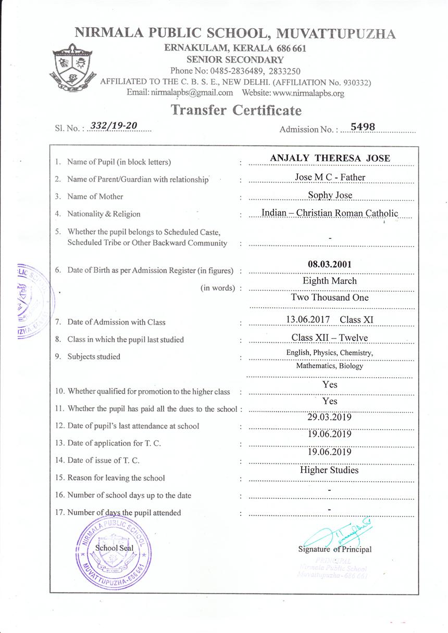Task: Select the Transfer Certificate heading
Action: pos(236,110)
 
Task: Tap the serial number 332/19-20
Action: pos(114,126)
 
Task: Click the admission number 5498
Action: pos(363,126)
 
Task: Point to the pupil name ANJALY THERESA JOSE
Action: pos(330,158)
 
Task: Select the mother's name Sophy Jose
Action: pos(330,195)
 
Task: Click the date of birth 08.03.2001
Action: pos(330,264)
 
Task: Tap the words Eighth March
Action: pos(330,281)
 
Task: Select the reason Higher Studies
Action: pos(329,470)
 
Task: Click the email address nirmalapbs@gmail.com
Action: pos(191,93)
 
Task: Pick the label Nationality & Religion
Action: pos(104,214)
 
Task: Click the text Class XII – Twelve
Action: pos(330,338)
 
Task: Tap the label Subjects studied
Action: pos(94,357)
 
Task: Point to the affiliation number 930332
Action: pos(352,82)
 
